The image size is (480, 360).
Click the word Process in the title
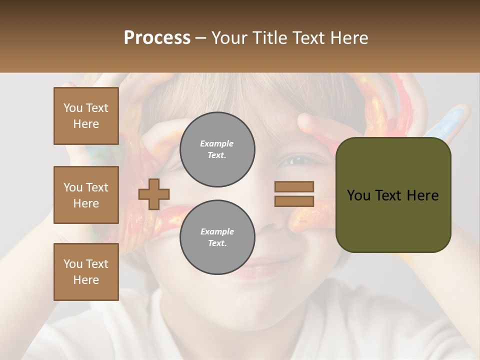point(157,38)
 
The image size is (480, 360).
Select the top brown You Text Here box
point(86,116)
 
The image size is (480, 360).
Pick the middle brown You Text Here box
point(86,195)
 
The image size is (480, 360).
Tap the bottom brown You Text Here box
point(86,272)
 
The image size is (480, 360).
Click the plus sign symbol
point(154,194)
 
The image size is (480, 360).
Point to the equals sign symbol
point(294,194)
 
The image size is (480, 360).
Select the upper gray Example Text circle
point(217,149)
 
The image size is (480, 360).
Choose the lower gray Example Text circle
point(217,237)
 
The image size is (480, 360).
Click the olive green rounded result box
point(393,195)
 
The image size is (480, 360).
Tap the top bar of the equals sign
point(294,187)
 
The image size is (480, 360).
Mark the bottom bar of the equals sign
point(294,201)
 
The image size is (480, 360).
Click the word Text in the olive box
point(390,195)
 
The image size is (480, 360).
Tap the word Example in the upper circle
point(217,143)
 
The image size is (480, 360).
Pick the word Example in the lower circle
point(217,231)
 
